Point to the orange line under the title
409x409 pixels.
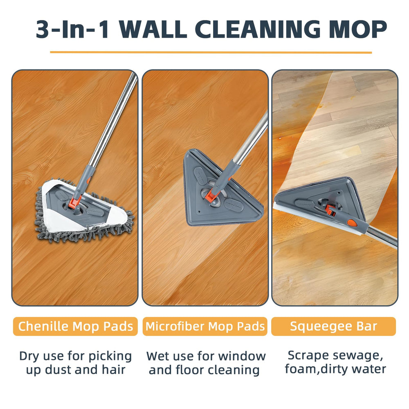click(211, 52)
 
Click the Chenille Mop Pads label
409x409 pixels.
click(75, 326)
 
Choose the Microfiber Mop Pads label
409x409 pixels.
click(205, 326)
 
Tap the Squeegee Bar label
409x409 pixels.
click(334, 326)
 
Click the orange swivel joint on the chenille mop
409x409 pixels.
click(74, 203)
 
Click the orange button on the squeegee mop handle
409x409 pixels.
click(352, 223)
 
